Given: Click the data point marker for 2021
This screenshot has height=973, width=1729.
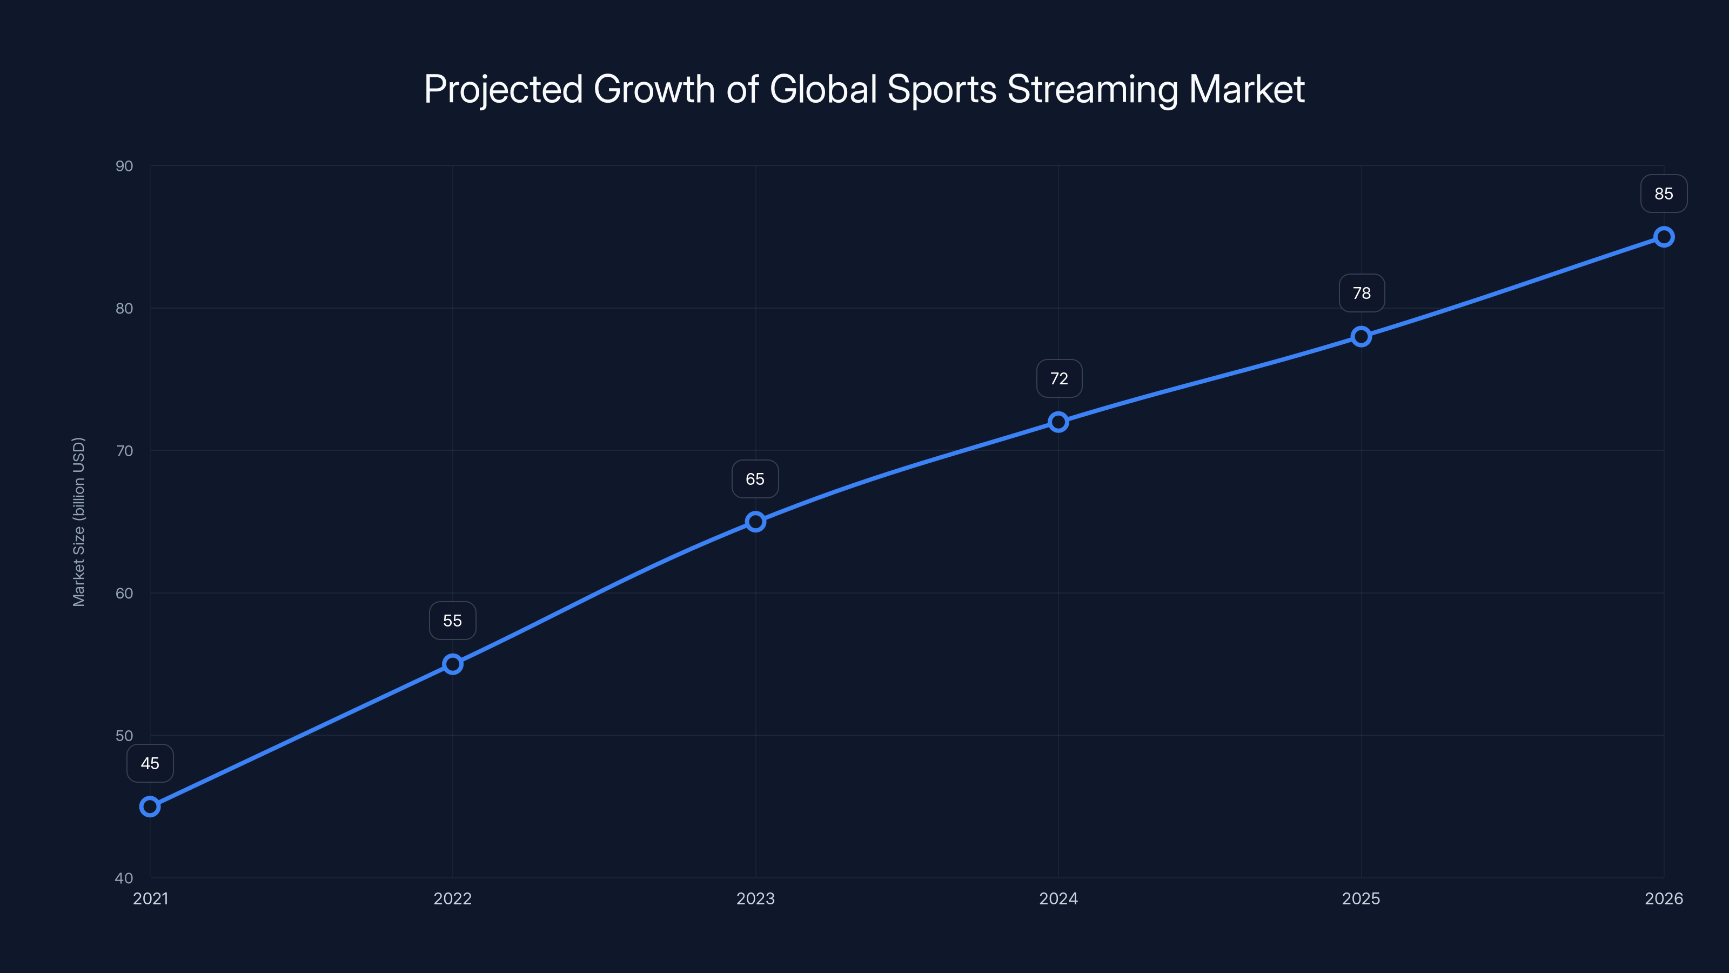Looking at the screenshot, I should (x=150, y=807).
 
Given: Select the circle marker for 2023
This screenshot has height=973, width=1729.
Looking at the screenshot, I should (x=755, y=522).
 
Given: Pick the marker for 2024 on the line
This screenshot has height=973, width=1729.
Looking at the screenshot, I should (x=1058, y=422).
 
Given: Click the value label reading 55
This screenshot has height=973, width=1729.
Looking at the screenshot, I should (x=452, y=621).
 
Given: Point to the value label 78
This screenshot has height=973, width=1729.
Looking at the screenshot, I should (x=1361, y=293).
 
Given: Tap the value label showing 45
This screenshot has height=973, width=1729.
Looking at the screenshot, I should (x=150, y=763).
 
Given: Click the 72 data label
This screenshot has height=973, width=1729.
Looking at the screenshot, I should (x=1058, y=379).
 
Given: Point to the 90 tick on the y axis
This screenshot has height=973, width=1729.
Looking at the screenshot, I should (x=124, y=166).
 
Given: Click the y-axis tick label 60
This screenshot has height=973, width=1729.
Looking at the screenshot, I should (x=124, y=593).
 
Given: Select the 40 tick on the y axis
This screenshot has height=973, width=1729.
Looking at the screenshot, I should (x=124, y=878).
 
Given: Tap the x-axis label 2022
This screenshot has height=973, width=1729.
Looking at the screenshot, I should (x=452, y=898).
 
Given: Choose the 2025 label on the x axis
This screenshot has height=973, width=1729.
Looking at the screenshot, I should (x=1361, y=898).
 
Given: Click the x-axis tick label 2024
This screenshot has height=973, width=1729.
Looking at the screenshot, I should (x=1058, y=898).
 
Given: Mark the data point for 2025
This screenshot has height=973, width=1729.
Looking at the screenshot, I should (x=1361, y=336).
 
